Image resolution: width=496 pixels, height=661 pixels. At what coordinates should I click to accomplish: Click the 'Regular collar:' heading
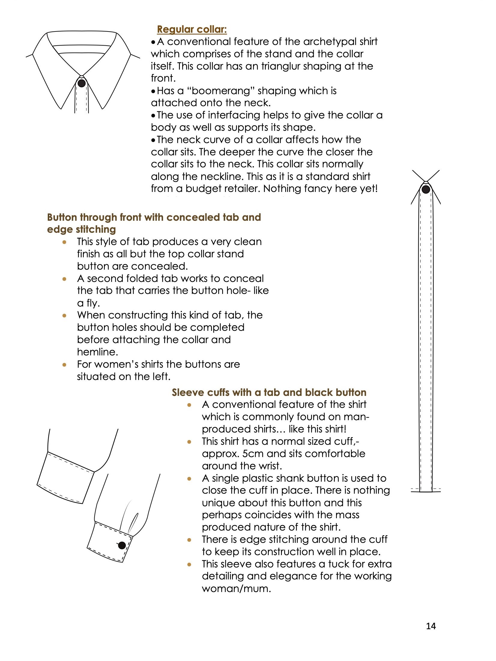coord(192,29)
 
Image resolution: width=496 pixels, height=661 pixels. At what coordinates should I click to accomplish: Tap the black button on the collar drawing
coord(82,83)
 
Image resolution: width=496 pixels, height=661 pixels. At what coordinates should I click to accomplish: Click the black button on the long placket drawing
coord(426,189)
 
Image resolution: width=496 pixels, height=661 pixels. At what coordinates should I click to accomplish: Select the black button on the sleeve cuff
coord(122,545)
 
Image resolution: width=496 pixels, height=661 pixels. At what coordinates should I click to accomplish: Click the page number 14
coord(431,626)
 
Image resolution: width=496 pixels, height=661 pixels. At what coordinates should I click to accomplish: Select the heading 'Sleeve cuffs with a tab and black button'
coord(269,392)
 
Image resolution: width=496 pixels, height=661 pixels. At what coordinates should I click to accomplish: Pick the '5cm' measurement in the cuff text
coord(253,453)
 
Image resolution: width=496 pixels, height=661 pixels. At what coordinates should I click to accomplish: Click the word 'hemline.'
coord(97,352)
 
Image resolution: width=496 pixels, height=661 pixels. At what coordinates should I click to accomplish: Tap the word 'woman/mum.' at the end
coord(236,588)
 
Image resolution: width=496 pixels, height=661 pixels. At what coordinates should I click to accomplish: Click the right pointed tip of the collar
coord(103,108)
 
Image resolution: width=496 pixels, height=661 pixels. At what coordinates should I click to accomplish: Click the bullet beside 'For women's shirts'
coord(64,365)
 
